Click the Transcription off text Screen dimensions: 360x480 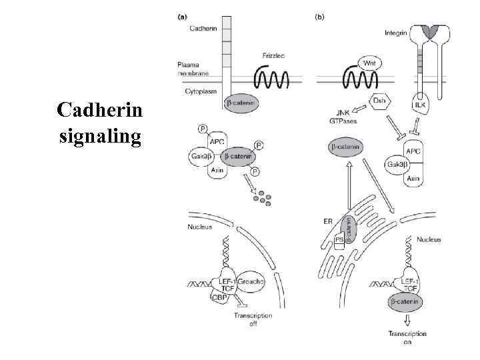(253, 320)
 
